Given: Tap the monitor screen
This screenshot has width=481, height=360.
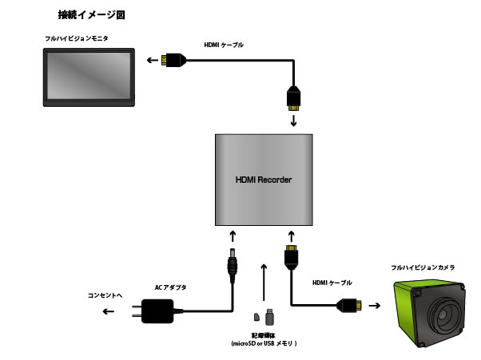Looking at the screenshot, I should [x=89, y=77].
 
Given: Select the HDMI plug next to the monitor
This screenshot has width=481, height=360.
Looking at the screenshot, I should [x=173, y=59].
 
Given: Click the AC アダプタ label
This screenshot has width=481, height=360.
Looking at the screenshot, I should [x=171, y=287].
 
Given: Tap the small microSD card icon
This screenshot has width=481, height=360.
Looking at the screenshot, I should [x=257, y=317].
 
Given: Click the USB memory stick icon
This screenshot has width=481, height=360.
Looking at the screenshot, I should [x=269, y=315].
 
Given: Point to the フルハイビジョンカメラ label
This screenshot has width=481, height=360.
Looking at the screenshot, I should [x=423, y=268].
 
